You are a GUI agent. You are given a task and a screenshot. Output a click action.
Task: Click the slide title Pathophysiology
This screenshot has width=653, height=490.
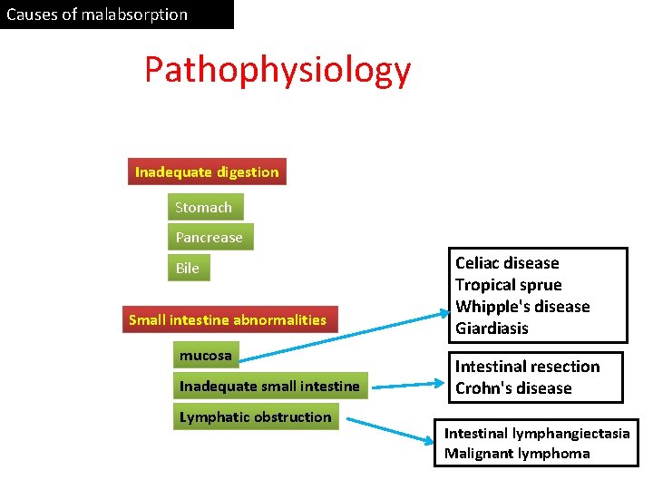pyautogui.click(x=277, y=71)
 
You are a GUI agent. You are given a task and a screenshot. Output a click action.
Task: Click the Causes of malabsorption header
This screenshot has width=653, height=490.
pyautogui.click(x=97, y=15)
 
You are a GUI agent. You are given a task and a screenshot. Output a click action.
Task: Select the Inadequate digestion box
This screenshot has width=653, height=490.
pyautogui.click(x=207, y=171)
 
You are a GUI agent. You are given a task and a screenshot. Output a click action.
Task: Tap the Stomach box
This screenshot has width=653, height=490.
pyautogui.click(x=203, y=208)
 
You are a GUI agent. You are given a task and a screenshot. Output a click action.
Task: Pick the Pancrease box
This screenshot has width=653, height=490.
pyautogui.click(x=210, y=238)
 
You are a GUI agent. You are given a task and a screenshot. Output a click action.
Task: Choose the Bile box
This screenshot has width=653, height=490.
pyautogui.click(x=188, y=268)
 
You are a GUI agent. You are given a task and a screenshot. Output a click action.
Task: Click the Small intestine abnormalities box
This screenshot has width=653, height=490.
pyautogui.click(x=228, y=319)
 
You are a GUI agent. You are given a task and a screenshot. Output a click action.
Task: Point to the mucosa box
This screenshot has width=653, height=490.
pyautogui.click(x=206, y=355)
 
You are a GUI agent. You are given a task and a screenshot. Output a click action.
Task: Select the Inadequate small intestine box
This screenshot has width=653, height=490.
pyautogui.click(x=269, y=387)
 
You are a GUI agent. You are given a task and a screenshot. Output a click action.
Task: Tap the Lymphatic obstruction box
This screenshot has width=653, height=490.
pyautogui.click(x=255, y=417)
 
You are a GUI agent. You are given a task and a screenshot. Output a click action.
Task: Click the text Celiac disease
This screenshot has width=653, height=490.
pyautogui.click(x=507, y=263)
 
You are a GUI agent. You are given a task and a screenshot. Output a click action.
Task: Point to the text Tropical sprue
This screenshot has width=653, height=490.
pyautogui.click(x=508, y=285)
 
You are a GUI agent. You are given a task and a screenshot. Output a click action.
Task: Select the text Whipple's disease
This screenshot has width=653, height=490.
pyautogui.click(x=522, y=307)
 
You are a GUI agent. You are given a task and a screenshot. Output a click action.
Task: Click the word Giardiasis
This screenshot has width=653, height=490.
pyautogui.click(x=492, y=328)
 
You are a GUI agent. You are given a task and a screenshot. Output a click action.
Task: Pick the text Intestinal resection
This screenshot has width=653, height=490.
pyautogui.click(x=527, y=367)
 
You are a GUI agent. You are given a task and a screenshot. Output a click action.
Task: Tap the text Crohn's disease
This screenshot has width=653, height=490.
pyautogui.click(x=513, y=388)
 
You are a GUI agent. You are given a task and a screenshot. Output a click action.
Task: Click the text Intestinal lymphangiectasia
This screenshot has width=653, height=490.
pyautogui.click(x=537, y=434)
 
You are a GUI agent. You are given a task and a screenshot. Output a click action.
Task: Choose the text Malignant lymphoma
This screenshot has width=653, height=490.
pyautogui.click(x=517, y=454)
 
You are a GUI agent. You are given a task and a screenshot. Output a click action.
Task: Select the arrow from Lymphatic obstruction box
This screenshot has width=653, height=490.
pyautogui.click(x=390, y=429)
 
